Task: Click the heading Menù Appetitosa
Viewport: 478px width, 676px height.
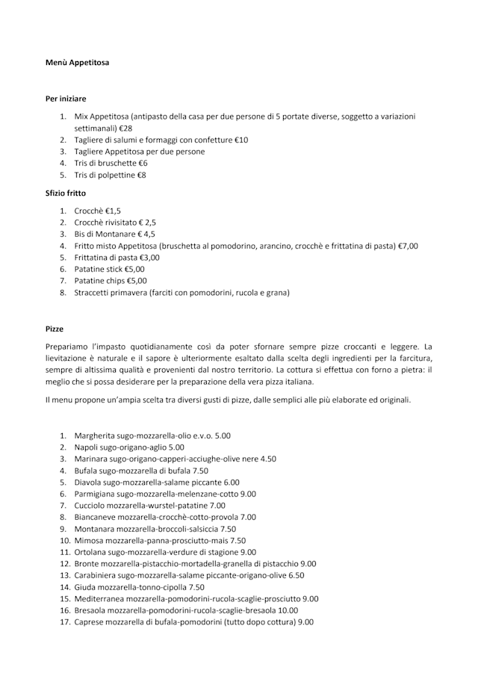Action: pyautogui.click(x=77, y=63)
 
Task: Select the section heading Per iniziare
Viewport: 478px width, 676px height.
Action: pyautogui.click(x=66, y=98)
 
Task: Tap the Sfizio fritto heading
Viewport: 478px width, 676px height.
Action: pyautogui.click(x=66, y=193)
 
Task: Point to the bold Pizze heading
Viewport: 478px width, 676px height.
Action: pyautogui.click(x=55, y=329)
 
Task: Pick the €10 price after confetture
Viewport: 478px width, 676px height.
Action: pyautogui.click(x=241, y=140)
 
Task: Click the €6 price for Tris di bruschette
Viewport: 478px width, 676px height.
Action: pyautogui.click(x=142, y=163)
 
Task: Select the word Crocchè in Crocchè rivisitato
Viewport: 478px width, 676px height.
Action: pyautogui.click(x=89, y=222)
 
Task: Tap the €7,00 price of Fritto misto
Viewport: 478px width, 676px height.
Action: pyautogui.click(x=408, y=246)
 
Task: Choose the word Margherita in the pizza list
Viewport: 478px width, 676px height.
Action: pyautogui.click(x=95, y=435)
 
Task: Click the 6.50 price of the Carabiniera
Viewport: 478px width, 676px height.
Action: pyautogui.click(x=297, y=575)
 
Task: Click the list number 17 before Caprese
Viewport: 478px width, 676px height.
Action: pyautogui.click(x=64, y=621)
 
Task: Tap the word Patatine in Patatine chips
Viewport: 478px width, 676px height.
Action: pyautogui.click(x=90, y=281)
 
